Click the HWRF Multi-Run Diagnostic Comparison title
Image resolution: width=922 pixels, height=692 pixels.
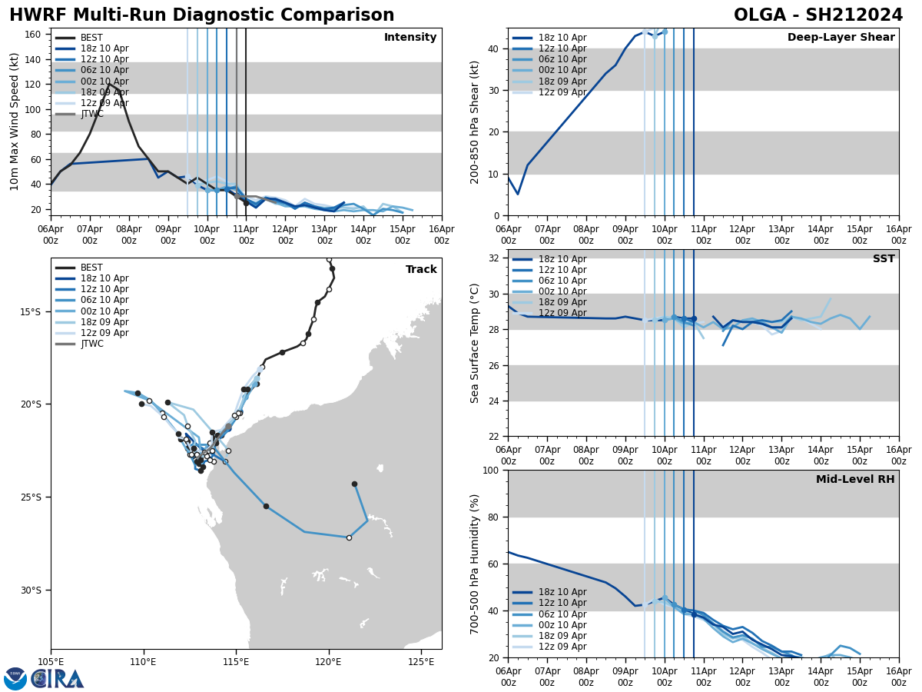[x=201, y=15]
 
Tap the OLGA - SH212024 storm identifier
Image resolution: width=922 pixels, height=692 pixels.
[x=818, y=15]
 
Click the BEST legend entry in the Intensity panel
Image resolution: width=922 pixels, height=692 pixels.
[x=91, y=38]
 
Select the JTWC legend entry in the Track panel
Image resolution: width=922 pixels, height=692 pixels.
[x=91, y=344]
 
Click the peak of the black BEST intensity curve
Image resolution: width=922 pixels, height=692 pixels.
[x=109, y=83]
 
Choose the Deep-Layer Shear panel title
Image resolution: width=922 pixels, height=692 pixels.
[x=841, y=38]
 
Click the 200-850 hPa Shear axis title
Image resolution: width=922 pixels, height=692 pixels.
[x=475, y=121]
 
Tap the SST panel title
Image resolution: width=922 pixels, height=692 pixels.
[x=884, y=259]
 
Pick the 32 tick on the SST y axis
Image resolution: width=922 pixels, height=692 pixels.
[x=496, y=258]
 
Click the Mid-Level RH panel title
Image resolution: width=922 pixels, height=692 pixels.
[x=855, y=480]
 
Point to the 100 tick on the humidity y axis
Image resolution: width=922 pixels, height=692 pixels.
[x=493, y=470]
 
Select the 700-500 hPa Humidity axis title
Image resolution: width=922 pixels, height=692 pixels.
[x=475, y=564]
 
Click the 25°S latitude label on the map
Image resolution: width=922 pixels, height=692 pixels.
[x=31, y=497]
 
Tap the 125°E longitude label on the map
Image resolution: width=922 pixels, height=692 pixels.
[x=421, y=661]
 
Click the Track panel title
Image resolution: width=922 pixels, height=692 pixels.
[x=421, y=270]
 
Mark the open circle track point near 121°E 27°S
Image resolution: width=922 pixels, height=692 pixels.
[x=349, y=537]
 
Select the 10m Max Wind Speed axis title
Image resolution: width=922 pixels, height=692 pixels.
[x=15, y=121]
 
